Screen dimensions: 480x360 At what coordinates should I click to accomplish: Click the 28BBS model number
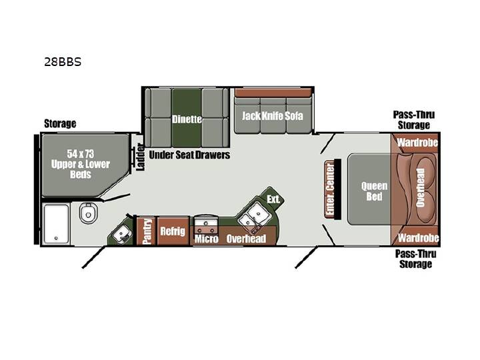pos(63,62)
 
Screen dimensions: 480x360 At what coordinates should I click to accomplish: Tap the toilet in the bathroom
pos(89,213)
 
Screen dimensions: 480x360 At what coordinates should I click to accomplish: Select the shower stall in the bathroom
pos(56,224)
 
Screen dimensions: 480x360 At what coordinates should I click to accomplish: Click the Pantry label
pos(147,231)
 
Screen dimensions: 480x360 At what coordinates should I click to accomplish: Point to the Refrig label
pos(173,231)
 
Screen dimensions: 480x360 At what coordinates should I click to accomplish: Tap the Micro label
pos(207,239)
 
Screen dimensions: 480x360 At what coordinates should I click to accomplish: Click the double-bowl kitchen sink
pos(254,215)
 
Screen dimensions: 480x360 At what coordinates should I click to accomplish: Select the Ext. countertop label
pos(273,199)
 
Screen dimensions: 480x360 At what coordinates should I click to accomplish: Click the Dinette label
pos(187,119)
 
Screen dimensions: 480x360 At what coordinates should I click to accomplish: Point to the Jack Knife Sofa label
pos(273,116)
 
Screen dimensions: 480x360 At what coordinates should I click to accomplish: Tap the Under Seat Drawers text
pos(189,155)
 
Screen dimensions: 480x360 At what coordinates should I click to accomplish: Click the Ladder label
pos(140,157)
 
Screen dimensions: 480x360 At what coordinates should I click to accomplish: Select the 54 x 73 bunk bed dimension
pos(81,154)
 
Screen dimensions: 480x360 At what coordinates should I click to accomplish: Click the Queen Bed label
pos(374,191)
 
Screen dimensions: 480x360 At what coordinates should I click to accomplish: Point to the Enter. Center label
pos(330,189)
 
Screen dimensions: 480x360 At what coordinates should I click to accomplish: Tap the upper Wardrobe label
pos(417,143)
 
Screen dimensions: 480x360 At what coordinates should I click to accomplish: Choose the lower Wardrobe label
pos(419,238)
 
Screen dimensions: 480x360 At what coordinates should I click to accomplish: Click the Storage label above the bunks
pos(60,123)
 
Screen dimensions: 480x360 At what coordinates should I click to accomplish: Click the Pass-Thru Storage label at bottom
pos(415,259)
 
